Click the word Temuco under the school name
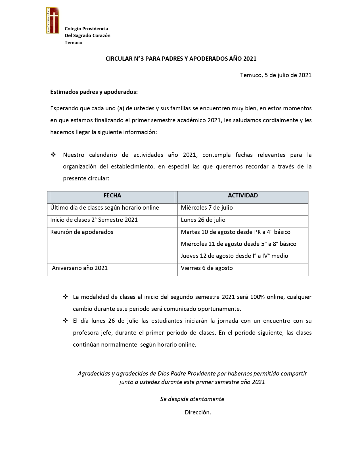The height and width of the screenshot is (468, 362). coord(74,43)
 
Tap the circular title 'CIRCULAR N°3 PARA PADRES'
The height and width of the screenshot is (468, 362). coord(181,59)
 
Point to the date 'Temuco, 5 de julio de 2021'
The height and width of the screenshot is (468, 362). coord(276,75)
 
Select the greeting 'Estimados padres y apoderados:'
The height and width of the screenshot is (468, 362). coord(94,92)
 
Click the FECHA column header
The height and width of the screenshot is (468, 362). coord(112,195)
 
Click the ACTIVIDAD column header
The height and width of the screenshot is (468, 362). coord(243,195)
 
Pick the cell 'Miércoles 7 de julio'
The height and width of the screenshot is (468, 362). coord(207,208)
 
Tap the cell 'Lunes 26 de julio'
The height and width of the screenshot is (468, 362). coord(203,220)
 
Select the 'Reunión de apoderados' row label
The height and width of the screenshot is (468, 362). coord(82,232)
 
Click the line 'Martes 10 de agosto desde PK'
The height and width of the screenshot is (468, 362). coord(235,232)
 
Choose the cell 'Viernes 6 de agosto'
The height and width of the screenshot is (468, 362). coord(207,268)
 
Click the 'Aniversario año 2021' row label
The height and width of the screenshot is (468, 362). coord(80,268)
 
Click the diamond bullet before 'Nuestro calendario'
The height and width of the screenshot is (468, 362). coord(53,155)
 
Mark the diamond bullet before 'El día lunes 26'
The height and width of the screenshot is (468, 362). coord(65,321)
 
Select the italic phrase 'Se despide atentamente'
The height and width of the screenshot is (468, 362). coord(192,399)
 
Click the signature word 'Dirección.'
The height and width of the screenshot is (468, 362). coord(198,412)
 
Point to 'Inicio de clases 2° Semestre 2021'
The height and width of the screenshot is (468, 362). coord(94,220)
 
